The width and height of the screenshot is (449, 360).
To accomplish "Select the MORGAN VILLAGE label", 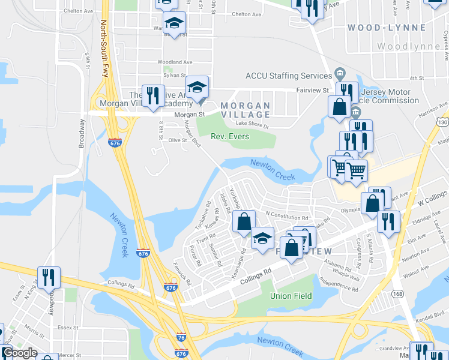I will pos(245,110).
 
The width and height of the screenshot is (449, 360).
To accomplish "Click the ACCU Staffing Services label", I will pos(289,76).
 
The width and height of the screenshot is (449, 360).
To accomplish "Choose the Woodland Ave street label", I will pos(175,62).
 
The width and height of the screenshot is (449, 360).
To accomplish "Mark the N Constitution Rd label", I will pos(286,213).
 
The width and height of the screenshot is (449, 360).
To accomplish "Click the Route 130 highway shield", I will pos(443,122).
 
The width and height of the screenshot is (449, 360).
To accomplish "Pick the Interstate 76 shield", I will pos(181,338).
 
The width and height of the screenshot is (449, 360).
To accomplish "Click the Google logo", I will pos(19,353).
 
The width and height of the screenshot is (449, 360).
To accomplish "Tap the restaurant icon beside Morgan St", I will pos(152,96).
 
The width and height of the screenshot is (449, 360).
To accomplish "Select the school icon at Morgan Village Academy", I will pos(196,88).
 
